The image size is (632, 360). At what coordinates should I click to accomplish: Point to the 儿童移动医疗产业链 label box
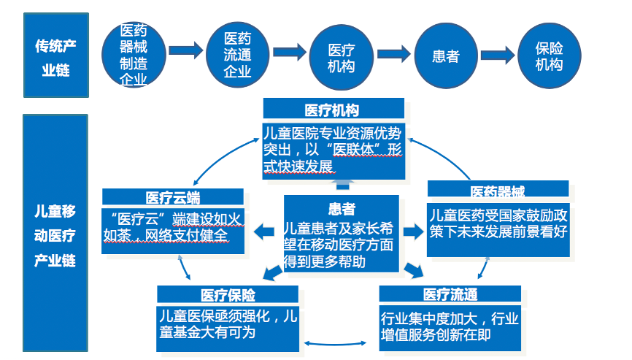pyautogui.click(x=55, y=236)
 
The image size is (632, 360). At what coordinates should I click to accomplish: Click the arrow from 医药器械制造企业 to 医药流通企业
pyautogui.click(x=185, y=51)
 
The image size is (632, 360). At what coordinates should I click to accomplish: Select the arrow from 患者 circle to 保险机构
pyautogui.click(x=497, y=52)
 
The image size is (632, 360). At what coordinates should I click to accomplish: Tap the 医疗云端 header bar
pyautogui.click(x=173, y=196)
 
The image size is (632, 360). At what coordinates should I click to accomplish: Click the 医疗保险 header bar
pyautogui.click(x=228, y=294)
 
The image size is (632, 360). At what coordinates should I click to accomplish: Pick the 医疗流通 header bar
pyautogui.click(x=450, y=294)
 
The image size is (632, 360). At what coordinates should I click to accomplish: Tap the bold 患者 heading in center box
pyautogui.click(x=342, y=207)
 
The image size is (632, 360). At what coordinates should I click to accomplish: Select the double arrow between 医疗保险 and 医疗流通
pyautogui.click(x=327, y=343)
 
